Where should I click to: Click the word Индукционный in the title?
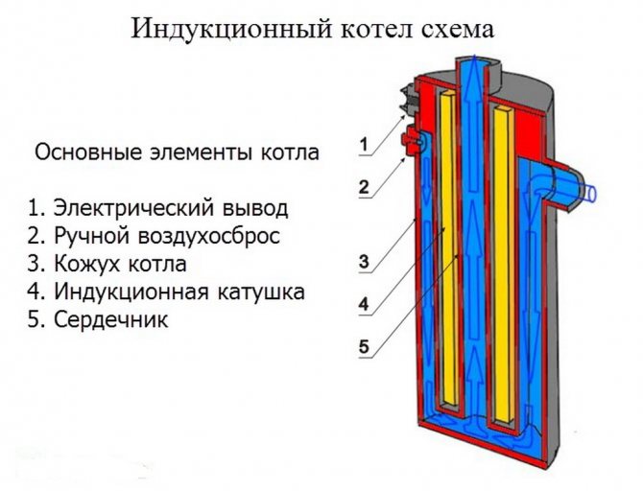231,30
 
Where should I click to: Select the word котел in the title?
371,31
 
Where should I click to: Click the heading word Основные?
88,152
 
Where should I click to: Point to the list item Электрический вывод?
158,208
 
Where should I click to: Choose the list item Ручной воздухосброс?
154,237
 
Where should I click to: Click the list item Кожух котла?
107,264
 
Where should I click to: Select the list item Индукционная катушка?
166,292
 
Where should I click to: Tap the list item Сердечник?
98,319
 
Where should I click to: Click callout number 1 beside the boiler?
364,145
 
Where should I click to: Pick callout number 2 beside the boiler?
364,187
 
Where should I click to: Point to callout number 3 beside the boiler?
364,261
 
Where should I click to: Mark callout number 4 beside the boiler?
364,305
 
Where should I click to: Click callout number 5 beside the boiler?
364,347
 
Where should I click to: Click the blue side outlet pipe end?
590,192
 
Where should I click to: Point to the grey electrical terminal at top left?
409,100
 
